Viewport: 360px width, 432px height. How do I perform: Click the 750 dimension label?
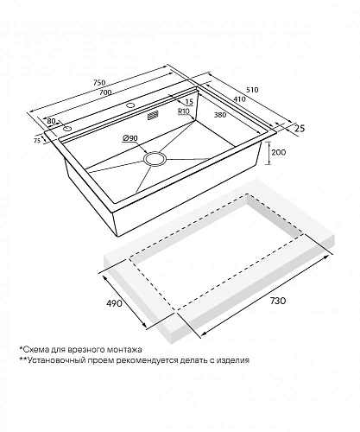point(99,82)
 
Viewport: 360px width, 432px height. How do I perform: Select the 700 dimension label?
point(105,92)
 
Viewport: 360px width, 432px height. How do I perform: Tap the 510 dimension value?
point(252,90)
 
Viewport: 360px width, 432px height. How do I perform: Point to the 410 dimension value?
point(239,99)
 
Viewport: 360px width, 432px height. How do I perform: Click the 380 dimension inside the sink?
point(220,115)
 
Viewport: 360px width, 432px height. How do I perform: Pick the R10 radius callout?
point(183,111)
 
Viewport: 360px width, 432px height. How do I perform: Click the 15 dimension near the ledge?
point(189,101)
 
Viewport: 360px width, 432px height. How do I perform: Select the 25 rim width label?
point(300,128)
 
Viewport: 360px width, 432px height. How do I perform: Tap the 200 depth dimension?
point(279,152)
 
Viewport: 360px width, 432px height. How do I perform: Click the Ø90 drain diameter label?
point(130,138)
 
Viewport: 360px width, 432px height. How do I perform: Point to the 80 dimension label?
point(51,121)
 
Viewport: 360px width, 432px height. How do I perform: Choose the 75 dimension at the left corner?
point(37,141)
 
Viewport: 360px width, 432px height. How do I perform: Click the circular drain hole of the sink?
point(155,159)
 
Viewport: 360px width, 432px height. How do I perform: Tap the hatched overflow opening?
point(153,115)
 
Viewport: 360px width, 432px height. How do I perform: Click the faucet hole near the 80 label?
point(68,129)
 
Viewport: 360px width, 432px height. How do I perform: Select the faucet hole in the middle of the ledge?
point(130,105)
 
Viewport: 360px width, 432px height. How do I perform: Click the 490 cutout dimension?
point(114,303)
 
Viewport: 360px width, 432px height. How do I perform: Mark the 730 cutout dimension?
point(278,301)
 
